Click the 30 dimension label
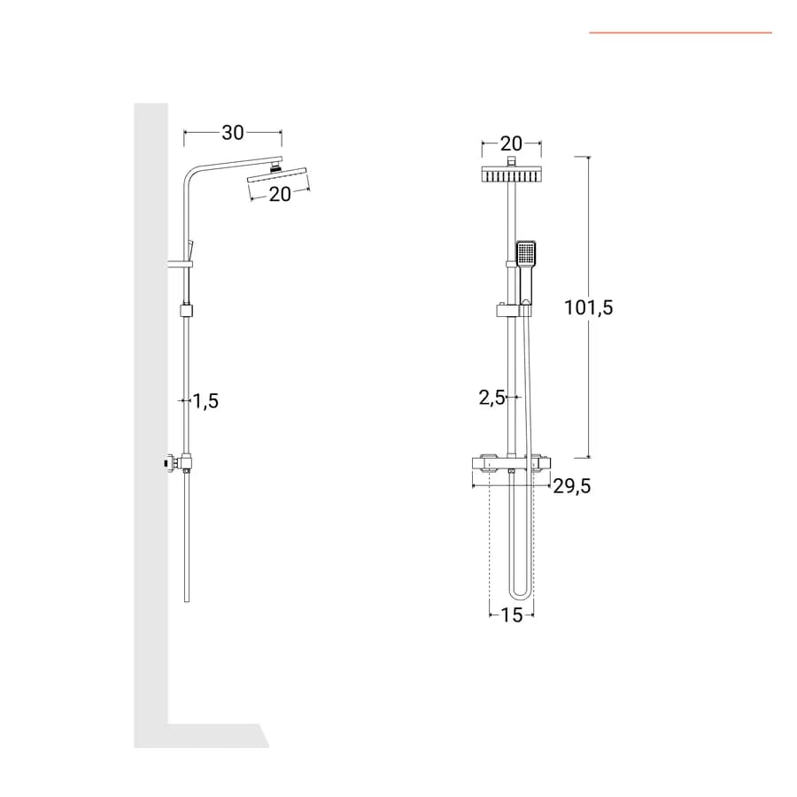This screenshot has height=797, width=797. pos(233,133)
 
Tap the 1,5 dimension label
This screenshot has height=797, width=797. pos(205,401)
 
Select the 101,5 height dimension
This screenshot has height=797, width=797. pos(589,307)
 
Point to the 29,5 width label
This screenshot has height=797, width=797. pos(572,486)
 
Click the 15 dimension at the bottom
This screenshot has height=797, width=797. pos(511,615)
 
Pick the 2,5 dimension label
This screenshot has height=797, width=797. pos(491,398)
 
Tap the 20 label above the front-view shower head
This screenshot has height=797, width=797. pos(511,143)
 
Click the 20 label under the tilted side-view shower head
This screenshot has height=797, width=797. pos(280,194)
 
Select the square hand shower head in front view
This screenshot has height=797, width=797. pos(526,253)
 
